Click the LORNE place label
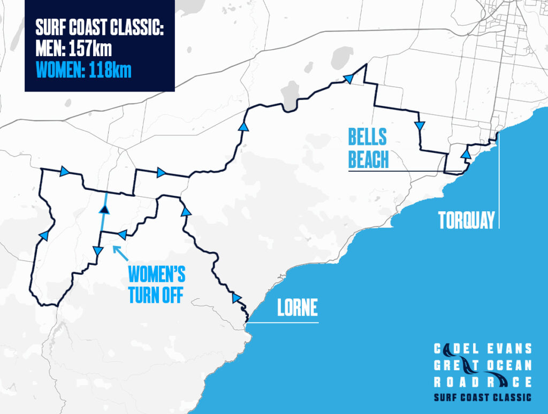pyautogui.click(x=297, y=308)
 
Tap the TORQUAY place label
pyautogui.click(x=466, y=220)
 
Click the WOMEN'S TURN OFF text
pyautogui.click(x=157, y=285)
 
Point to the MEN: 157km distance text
pyautogui.click(x=73, y=50)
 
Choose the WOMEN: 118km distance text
pyautogui.click(x=83, y=71)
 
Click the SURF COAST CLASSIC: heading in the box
pyautogui.click(x=99, y=28)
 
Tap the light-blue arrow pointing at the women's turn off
pyautogui.click(x=120, y=252)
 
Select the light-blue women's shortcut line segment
pyautogui.click(x=103, y=219)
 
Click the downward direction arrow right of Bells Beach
pyautogui.click(x=420, y=126)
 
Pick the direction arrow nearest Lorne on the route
pyautogui.click(x=236, y=298)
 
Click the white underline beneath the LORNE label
pyautogui.click(x=284, y=322)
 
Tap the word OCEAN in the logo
pyautogui.click(x=508, y=366)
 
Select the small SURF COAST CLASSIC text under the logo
pyautogui.click(x=483, y=397)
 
